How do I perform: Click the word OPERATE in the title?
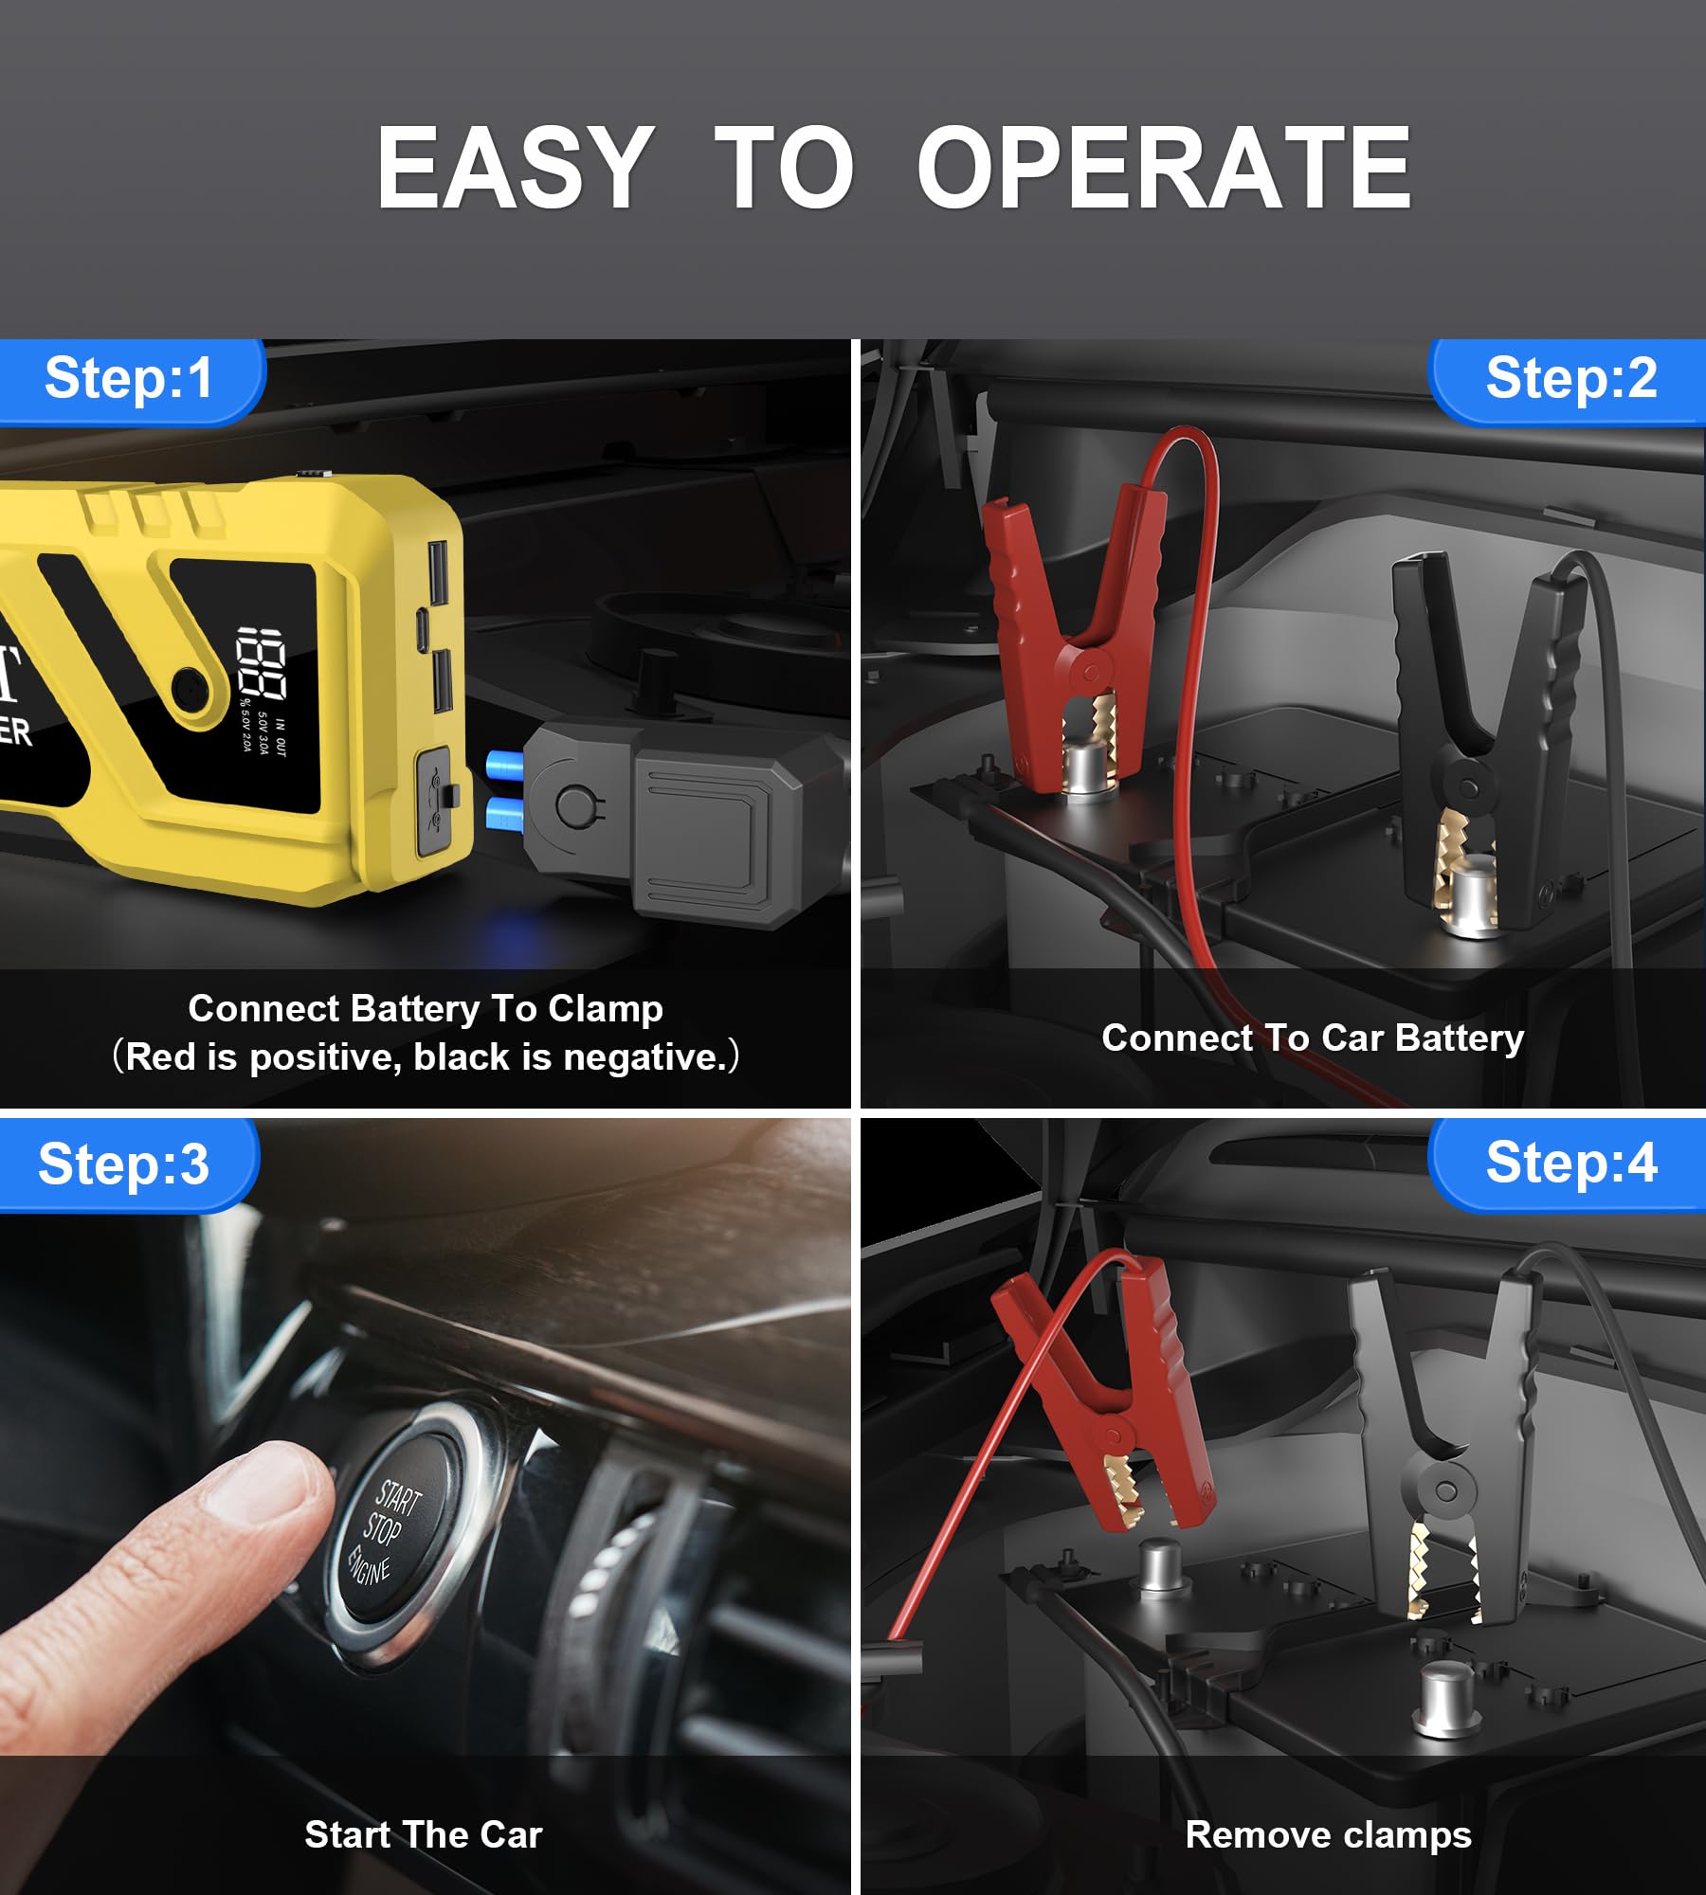point(1164,169)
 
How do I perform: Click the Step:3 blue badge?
point(127,1164)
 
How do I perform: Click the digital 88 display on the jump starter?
point(261,662)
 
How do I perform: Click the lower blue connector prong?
point(504,813)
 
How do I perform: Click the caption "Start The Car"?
point(424,1835)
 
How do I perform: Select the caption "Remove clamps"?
point(1328,1835)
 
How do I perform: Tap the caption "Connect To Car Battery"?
point(1313,1038)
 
